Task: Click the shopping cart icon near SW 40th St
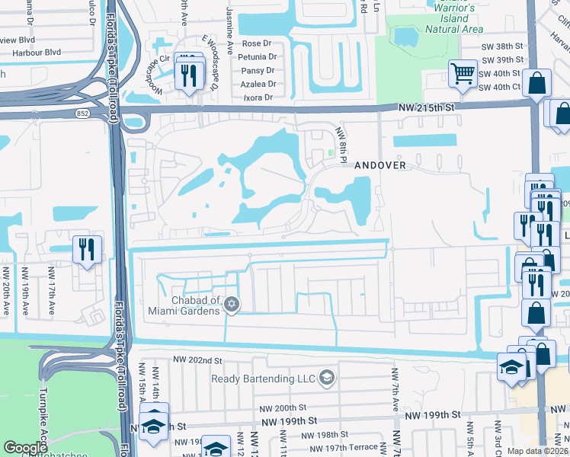[x=462, y=74]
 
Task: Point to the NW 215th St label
[x=426, y=109]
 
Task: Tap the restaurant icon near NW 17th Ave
[x=86, y=248]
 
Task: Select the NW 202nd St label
[x=197, y=360]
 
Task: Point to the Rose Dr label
[x=257, y=43]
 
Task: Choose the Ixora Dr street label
[x=258, y=97]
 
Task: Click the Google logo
[x=26, y=447]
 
